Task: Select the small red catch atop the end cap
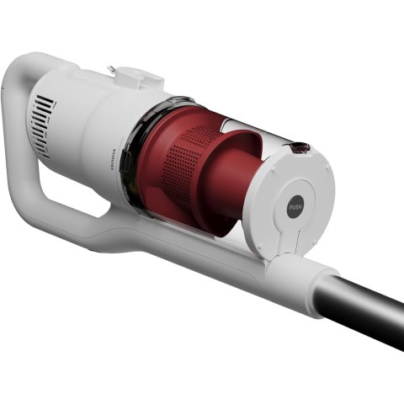click(x=300, y=148)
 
